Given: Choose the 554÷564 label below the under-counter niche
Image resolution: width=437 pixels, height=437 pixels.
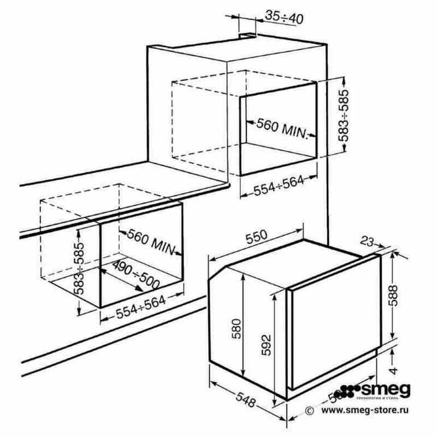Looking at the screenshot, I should (141, 311).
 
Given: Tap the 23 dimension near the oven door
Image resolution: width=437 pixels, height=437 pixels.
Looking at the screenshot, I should (367, 241).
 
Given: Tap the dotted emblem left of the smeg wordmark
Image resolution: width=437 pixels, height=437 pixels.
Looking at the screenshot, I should (346, 392).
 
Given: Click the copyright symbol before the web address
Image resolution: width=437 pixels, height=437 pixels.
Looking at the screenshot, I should (309, 409).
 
